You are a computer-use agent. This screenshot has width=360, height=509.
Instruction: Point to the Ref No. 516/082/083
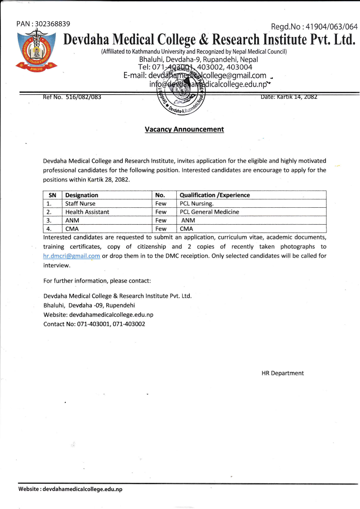(x=72, y=97)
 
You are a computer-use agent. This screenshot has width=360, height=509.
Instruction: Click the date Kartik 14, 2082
(x=289, y=97)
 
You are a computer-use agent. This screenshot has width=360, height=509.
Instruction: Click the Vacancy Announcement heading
(x=184, y=129)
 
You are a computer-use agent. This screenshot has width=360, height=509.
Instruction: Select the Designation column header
(x=82, y=195)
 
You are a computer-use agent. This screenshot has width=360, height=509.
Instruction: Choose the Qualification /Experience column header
(x=215, y=195)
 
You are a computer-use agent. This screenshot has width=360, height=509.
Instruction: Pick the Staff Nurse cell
(x=80, y=203)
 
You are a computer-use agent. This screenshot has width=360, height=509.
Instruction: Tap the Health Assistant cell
(x=87, y=212)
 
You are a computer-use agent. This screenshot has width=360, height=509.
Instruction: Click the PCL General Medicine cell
(x=209, y=212)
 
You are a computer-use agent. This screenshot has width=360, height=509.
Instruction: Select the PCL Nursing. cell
(x=197, y=203)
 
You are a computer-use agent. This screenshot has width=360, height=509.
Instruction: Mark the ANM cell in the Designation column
(x=72, y=220)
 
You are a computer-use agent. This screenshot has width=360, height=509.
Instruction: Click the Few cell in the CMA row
(x=161, y=229)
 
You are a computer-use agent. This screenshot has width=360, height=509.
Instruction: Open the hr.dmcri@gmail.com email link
(x=72, y=256)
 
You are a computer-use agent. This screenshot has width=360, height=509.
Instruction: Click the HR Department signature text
(x=283, y=373)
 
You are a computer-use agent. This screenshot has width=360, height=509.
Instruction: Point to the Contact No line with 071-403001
(x=94, y=324)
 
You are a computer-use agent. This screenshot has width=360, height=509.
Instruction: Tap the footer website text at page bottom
(x=70, y=489)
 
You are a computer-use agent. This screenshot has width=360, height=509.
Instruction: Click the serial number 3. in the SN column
(x=49, y=220)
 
